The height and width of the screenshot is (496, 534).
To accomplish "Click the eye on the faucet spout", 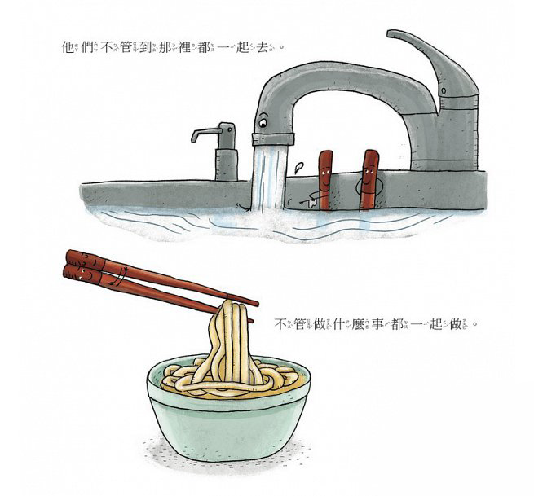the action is click(263, 122).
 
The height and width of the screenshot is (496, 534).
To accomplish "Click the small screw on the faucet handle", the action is click(443, 91).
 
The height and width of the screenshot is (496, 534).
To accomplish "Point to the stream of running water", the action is click(268, 177).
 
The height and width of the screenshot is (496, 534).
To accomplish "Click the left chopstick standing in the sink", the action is click(325, 180).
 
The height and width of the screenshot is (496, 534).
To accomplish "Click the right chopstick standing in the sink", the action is click(369, 180).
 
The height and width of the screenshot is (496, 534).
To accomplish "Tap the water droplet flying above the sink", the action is click(299, 167).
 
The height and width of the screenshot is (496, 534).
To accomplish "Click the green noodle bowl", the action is click(228, 408).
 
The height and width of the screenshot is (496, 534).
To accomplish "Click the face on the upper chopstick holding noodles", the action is click(88, 261).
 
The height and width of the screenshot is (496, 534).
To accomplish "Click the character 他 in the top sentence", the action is click(68, 47).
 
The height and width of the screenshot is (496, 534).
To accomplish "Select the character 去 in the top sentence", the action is click(263, 47).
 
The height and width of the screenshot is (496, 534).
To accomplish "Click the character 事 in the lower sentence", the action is click(377, 324).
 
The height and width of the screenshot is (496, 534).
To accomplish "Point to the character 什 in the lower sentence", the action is click(338, 324).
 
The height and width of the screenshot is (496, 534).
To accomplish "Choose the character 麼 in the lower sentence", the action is click(358, 324).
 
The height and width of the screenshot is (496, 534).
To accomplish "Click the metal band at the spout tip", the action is click(273, 139).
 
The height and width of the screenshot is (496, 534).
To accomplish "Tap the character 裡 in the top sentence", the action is click(184, 47).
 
